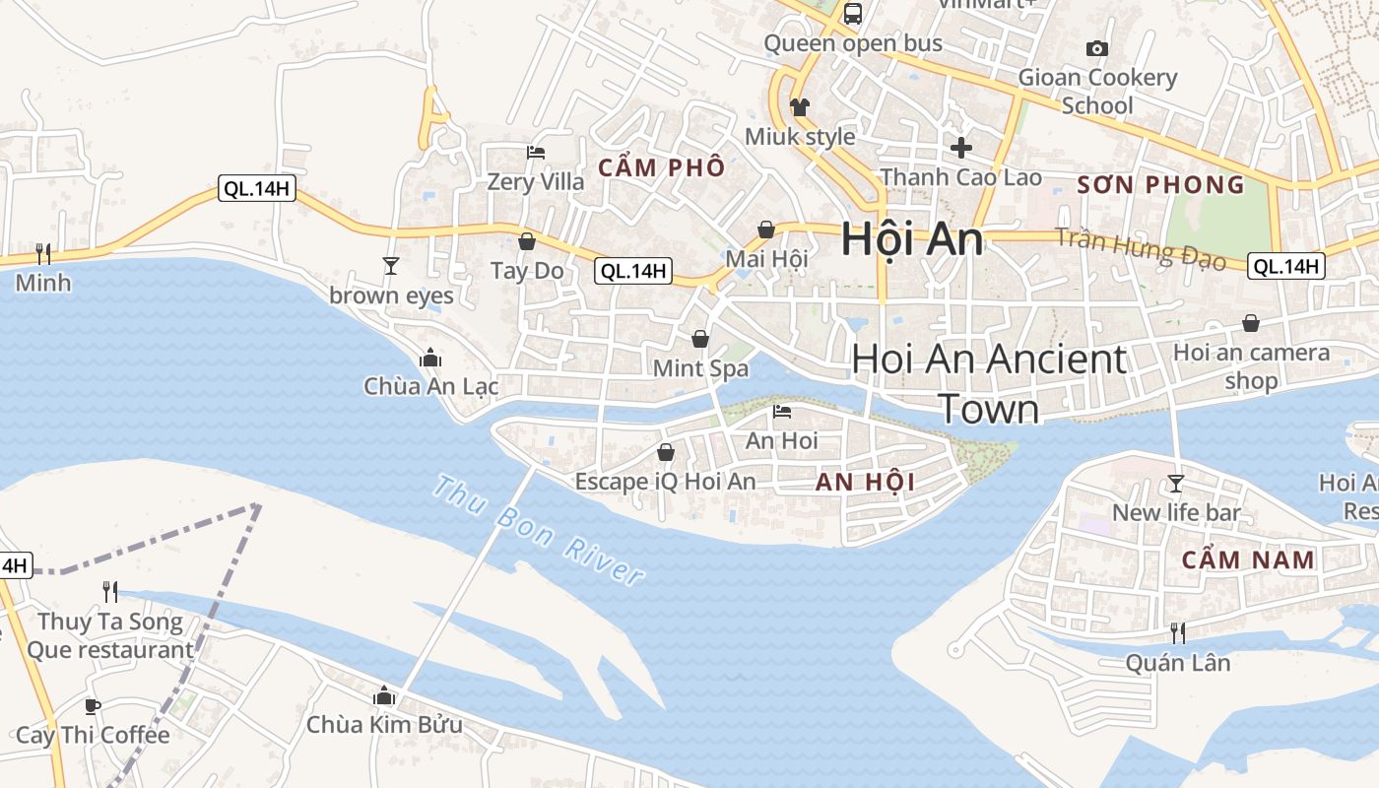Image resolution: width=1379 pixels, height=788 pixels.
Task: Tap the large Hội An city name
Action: click(912, 239)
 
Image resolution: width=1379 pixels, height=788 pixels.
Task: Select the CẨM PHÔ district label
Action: click(661, 167)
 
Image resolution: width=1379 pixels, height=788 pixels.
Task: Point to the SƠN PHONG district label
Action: click(1160, 185)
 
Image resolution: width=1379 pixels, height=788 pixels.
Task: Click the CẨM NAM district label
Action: click(1248, 560)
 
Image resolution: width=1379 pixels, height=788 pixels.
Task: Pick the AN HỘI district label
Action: click(866, 482)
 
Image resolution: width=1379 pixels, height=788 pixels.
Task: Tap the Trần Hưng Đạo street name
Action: click(1141, 248)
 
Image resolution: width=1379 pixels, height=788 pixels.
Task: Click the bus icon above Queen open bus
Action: click(853, 14)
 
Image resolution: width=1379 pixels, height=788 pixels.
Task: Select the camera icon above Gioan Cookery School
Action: click(1096, 48)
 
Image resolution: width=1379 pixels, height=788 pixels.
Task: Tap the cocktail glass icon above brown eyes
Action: click(391, 265)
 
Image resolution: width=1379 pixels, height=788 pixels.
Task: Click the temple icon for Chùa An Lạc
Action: click(430, 358)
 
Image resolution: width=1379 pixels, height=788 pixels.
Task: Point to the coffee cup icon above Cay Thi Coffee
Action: click(92, 706)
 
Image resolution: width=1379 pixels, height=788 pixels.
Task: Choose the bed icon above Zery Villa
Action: click(536, 153)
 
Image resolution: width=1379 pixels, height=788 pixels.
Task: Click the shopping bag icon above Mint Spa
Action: click(700, 339)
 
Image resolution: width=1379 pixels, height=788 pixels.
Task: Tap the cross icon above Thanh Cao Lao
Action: click(960, 148)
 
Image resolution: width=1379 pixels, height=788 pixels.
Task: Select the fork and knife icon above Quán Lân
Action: click(1177, 632)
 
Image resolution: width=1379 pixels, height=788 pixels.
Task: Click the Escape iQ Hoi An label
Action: click(666, 482)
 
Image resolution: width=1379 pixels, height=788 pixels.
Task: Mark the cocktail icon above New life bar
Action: click(1175, 483)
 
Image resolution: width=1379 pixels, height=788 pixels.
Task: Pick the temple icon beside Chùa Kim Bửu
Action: click(384, 696)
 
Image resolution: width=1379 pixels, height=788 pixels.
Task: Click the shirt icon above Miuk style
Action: click(799, 106)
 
